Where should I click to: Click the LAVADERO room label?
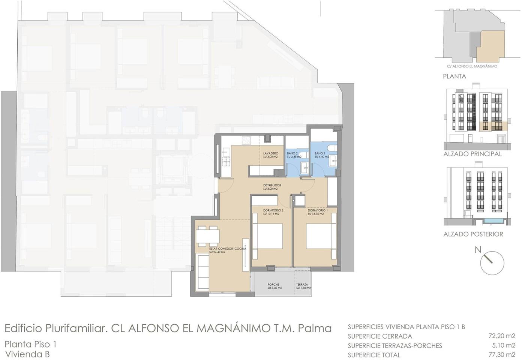click(270, 153)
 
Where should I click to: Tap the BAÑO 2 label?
click(292, 153)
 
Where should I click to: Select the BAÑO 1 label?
click(320, 153)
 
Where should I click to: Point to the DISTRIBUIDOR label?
click(272, 185)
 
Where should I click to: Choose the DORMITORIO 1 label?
click(318, 210)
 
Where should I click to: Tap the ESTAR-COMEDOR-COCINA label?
click(228, 249)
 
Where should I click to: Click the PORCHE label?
click(273, 285)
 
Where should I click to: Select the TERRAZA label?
click(302, 285)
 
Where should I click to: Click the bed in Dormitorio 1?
click(321, 236)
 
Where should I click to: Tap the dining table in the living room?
click(207, 236)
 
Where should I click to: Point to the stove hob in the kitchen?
click(246, 140)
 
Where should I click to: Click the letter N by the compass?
click(478, 250)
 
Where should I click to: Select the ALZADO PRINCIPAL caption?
click(472, 154)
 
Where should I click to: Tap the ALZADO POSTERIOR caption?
click(473, 234)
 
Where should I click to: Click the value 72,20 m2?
click(502, 336)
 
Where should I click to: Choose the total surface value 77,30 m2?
click(502, 354)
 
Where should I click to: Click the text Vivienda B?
click(27, 354)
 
